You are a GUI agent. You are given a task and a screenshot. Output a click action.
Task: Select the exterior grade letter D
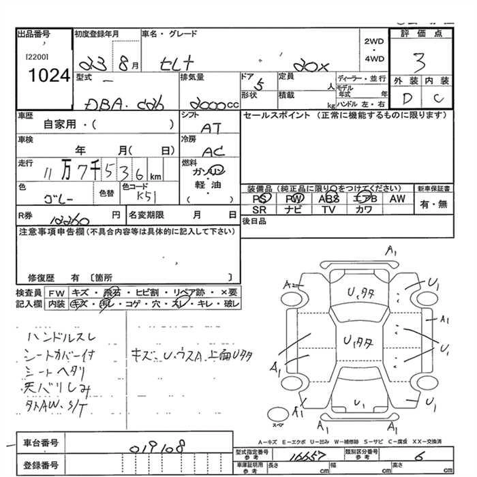(407, 98)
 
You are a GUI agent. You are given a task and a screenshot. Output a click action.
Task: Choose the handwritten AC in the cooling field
(213, 151)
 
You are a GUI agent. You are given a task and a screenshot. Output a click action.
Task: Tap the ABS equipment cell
(329, 198)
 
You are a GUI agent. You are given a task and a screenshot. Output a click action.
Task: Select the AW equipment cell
(397, 198)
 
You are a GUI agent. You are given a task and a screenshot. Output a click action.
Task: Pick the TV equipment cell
(329, 210)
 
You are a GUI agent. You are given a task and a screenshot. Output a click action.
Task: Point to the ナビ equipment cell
(294, 210)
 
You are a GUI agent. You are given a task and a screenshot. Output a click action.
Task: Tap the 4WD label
(374, 59)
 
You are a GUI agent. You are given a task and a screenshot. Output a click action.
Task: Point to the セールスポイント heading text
(272, 115)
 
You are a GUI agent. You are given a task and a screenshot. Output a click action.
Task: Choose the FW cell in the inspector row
(57, 292)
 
